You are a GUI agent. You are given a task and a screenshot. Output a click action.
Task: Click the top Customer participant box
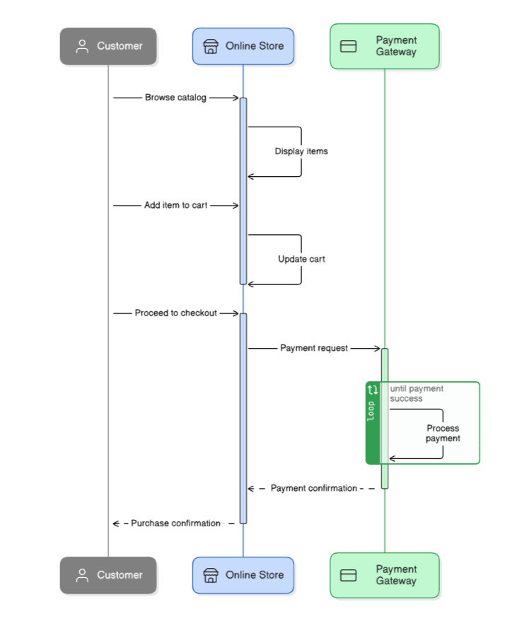pyautogui.click(x=108, y=46)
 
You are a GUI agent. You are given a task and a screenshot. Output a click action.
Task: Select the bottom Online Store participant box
pyautogui.click(x=243, y=575)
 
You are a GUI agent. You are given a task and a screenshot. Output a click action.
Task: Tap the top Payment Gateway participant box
pyautogui.click(x=385, y=46)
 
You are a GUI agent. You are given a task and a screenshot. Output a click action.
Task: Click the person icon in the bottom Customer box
pyautogui.click(x=82, y=575)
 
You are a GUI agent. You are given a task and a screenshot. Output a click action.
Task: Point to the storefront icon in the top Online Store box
pyautogui.click(x=210, y=46)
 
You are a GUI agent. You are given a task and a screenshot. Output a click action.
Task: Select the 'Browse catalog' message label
pyautogui.click(x=175, y=98)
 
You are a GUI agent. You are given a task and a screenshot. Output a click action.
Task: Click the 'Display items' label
pyautogui.click(x=301, y=151)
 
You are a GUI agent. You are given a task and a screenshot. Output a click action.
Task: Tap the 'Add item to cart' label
pyautogui.click(x=175, y=205)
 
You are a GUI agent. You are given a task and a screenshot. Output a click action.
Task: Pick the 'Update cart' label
pyautogui.click(x=301, y=259)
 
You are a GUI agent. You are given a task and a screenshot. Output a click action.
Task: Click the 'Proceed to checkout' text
pyautogui.click(x=175, y=313)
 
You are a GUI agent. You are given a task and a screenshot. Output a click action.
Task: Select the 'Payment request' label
pyautogui.click(x=314, y=348)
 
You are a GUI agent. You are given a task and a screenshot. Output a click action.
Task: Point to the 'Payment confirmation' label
pyautogui.click(x=313, y=488)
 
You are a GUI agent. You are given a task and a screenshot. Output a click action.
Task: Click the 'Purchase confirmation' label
pyautogui.click(x=175, y=523)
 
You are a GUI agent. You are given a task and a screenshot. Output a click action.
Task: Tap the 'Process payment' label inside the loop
pyautogui.click(x=443, y=434)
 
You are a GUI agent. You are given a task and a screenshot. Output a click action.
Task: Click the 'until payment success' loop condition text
pyautogui.click(x=417, y=393)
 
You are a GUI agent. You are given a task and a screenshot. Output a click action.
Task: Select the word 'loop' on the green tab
pyautogui.click(x=373, y=412)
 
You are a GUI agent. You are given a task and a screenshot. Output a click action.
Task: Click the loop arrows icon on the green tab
pyautogui.click(x=373, y=390)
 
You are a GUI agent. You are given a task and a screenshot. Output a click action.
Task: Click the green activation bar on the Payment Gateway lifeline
pyautogui.click(x=385, y=368)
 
